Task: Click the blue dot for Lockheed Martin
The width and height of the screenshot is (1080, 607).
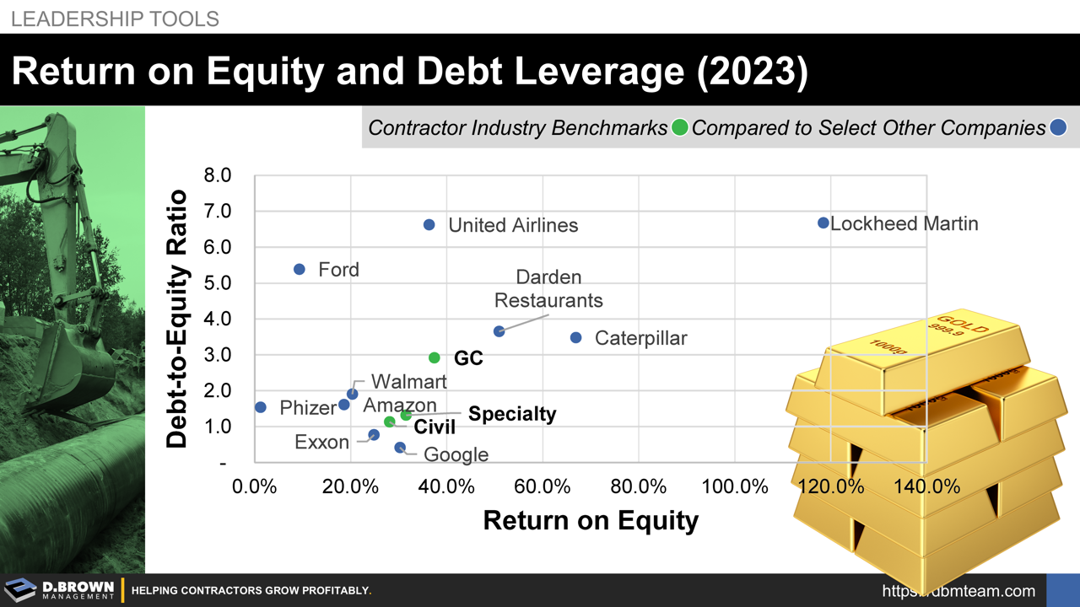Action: (823, 223)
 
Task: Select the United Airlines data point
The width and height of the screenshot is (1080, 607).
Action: (429, 224)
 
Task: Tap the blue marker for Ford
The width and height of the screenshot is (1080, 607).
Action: (299, 269)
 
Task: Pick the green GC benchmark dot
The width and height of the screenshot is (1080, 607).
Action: (435, 357)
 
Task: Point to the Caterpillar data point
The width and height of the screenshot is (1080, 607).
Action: (575, 337)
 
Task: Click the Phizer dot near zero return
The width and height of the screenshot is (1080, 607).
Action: (260, 407)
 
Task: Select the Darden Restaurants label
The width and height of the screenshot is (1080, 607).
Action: (548, 288)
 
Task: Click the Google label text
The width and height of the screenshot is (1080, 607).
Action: (456, 454)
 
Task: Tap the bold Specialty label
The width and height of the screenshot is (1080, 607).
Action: (512, 414)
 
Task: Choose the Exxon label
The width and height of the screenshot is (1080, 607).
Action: (321, 442)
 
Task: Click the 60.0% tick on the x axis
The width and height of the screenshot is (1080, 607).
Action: (543, 486)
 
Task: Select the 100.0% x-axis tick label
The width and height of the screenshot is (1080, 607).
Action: (735, 486)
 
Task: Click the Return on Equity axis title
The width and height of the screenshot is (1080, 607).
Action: (591, 520)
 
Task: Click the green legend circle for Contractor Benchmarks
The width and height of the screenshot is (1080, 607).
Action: (679, 128)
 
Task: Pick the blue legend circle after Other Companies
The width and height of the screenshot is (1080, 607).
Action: (1058, 128)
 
